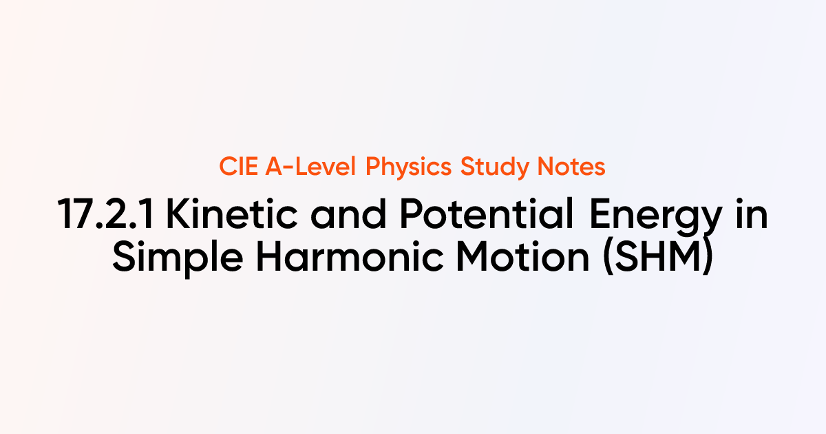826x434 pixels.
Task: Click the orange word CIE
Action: click(x=240, y=167)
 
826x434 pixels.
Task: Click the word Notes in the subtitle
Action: click(x=571, y=167)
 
